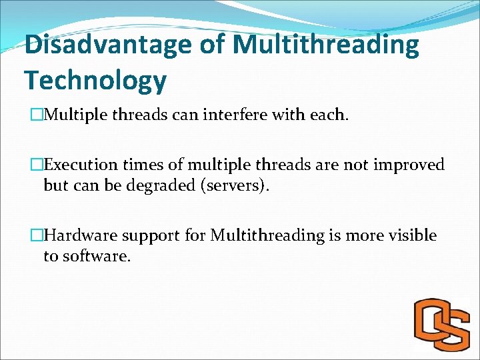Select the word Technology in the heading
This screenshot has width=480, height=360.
95,80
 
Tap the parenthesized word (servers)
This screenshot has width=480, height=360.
234,185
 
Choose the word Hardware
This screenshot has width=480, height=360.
81,236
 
